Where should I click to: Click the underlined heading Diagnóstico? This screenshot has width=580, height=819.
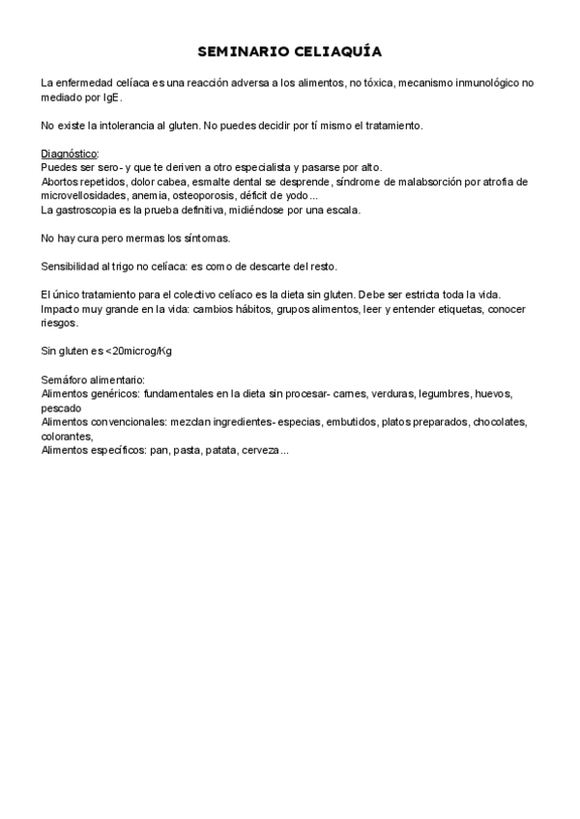pyautogui.click(x=70, y=154)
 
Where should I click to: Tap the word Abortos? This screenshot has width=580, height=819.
pyautogui.click(x=60, y=182)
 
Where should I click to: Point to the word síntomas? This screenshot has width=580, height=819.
pyautogui.click(x=207, y=238)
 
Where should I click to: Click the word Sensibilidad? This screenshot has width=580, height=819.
pyautogui.click(x=70, y=266)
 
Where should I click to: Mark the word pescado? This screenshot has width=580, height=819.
pyautogui.click(x=62, y=408)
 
